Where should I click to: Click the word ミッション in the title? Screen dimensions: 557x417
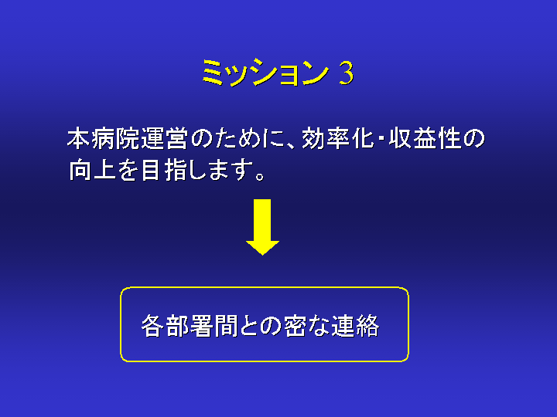pos(265,73)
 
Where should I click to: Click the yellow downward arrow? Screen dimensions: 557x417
pos(262,227)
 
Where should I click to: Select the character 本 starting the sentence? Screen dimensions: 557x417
pos(79,139)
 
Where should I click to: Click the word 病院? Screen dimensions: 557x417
pos(115,139)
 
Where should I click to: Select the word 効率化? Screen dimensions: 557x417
pos(338,139)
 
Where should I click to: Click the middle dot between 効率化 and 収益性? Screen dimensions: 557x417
pos(381,139)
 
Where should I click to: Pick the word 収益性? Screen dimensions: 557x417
pos(425,139)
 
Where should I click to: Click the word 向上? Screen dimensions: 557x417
pos(92,171)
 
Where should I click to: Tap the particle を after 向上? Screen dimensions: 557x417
pos(127,171)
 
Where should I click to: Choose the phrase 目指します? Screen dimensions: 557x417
pos(196,171)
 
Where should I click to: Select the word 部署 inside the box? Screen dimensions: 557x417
pos(190,326)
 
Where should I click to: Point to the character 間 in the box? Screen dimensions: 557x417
pos(226,326)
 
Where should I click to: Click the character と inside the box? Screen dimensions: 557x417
pos(248,326)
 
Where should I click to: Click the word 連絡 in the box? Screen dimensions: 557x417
pos(355,326)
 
